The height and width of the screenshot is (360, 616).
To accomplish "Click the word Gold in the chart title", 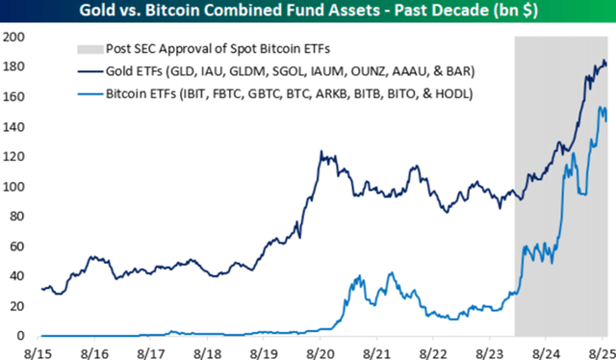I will click(x=107, y=12).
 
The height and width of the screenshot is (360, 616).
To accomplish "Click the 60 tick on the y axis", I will click(x=16, y=246).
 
